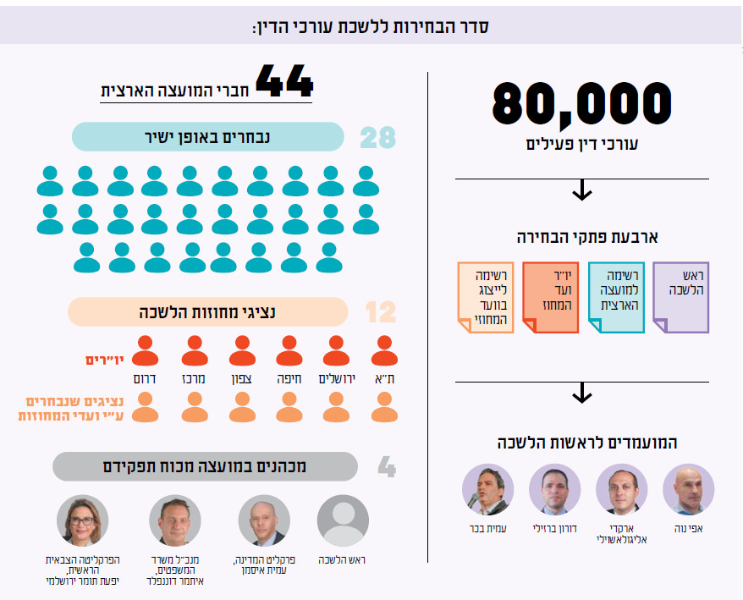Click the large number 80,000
pos(581,103)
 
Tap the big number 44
pos(284,83)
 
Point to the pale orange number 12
pos(380,313)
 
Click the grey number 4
pos(386,467)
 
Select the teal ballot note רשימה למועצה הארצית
pos(617,297)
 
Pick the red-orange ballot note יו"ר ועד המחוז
pos(550,297)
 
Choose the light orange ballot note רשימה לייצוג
pos(485,297)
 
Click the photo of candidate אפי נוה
pos(688,490)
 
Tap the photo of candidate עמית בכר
pos(487,490)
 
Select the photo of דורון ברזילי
pos(554,490)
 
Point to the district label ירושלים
pos(336,377)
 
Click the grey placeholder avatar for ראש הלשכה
pos(343,520)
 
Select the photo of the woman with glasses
pos(83,520)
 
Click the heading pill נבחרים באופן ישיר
pos(208,136)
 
